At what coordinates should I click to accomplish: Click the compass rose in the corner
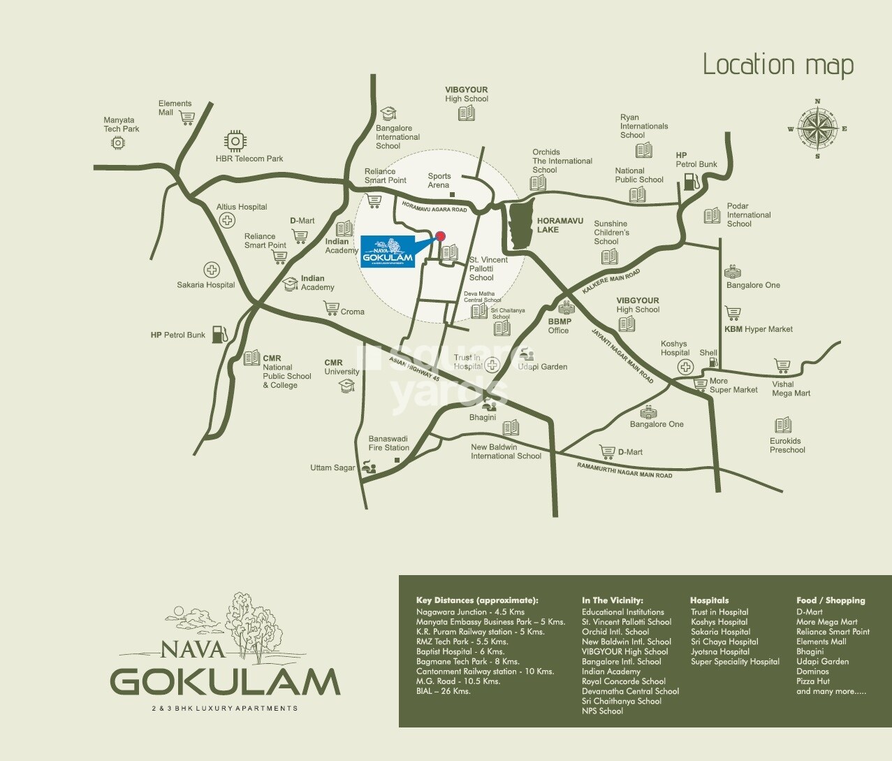pos(817,129)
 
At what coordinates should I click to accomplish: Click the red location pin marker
pos(440,236)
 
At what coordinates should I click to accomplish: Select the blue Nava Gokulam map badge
pos(388,251)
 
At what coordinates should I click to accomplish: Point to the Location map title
pos(778,65)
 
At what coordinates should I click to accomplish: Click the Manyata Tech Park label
pos(121,124)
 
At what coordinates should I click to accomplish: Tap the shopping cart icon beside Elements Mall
pos(187,117)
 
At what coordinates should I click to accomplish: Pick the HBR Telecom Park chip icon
pos(235,141)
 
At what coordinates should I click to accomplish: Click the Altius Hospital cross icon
pos(226,221)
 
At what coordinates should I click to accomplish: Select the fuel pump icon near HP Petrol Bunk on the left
pos(219,334)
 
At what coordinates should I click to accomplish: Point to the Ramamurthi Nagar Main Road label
pos(624,470)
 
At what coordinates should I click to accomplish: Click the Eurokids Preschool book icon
pos(782,425)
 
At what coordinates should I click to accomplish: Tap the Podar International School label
pos(748,215)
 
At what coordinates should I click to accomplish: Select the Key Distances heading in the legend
pos(477,600)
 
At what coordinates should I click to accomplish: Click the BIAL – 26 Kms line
pos(444,691)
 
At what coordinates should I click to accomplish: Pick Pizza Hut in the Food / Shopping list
pos(813,681)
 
